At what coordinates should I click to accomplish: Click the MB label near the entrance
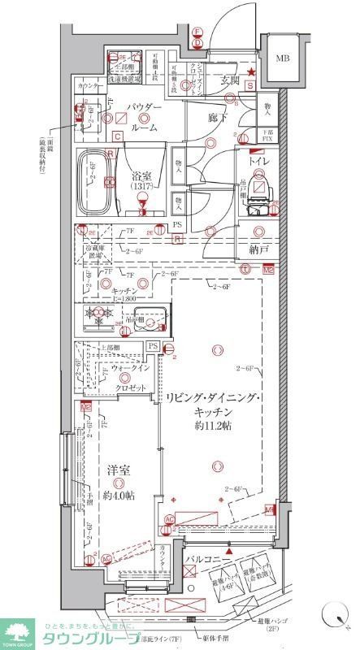(x=281, y=58)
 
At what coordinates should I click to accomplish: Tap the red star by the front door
(x=252, y=74)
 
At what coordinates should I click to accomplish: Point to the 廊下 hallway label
(x=217, y=118)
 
